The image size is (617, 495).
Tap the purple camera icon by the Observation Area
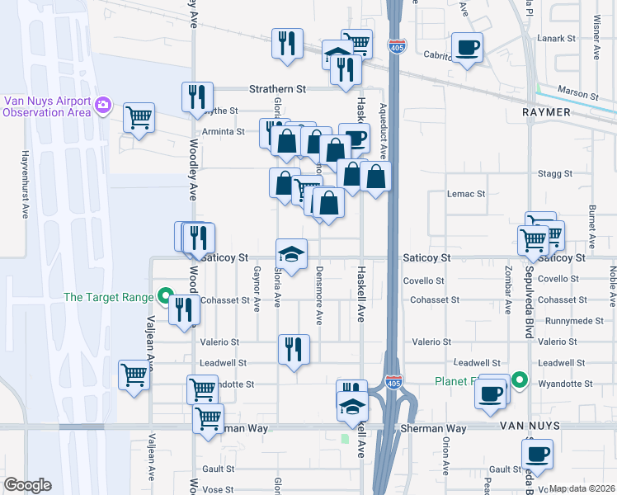(x=103, y=104)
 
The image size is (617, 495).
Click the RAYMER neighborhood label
(x=547, y=111)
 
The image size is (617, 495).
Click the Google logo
(x=27, y=485)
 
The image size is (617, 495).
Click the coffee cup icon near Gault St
(x=537, y=453)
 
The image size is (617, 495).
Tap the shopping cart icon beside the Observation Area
(x=139, y=116)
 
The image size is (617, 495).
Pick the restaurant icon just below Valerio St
(x=293, y=349)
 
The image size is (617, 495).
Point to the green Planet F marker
(x=519, y=380)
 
